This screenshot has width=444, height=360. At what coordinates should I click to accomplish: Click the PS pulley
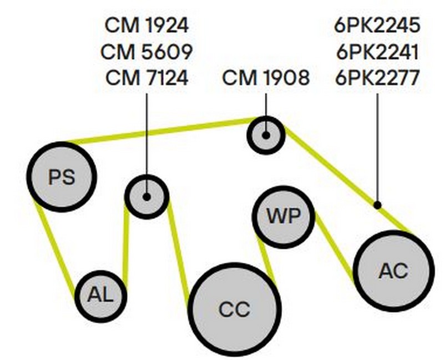(x=62, y=177)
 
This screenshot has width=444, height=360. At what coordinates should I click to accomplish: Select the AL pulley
(x=100, y=296)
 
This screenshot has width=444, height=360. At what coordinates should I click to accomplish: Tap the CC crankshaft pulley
(x=234, y=309)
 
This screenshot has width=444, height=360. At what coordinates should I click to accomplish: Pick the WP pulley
(x=284, y=217)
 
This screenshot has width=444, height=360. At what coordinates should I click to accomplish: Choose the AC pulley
(x=393, y=271)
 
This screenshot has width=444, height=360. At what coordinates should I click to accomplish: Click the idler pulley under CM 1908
(x=265, y=134)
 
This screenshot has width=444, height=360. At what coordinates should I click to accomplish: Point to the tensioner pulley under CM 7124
(x=147, y=196)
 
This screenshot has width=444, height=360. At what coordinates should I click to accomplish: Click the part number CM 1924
(x=147, y=26)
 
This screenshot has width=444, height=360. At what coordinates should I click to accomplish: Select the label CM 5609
(x=147, y=52)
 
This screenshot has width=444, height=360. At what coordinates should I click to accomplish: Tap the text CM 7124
(x=147, y=78)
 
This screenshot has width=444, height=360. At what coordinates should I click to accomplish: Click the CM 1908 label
(x=266, y=78)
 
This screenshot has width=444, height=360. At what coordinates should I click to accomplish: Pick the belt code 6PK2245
(x=377, y=26)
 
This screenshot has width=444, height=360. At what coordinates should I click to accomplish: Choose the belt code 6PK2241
(x=377, y=52)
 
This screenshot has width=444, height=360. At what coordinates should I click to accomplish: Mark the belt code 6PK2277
(x=377, y=78)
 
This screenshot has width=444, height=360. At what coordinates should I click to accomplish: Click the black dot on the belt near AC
(x=377, y=205)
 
